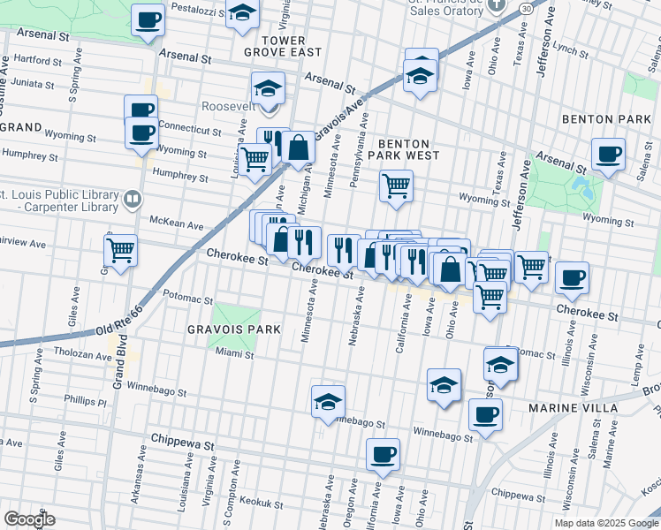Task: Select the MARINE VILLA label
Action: click(566, 407)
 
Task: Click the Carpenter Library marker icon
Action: click(132, 199)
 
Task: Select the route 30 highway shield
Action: click(526, 7)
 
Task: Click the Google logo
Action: click(29, 519)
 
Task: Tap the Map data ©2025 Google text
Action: click(605, 522)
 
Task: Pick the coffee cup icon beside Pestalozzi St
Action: click(148, 19)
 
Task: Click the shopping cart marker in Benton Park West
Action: click(396, 185)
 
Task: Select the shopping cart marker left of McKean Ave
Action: click(120, 249)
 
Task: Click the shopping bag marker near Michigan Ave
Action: click(300, 148)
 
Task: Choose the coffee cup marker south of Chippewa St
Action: click(383, 455)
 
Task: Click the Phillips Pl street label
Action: click(85, 401)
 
